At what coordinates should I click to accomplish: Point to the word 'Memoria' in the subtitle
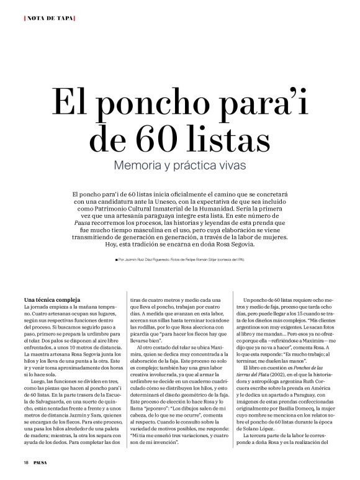[141, 166]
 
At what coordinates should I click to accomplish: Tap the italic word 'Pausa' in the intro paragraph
[85, 220]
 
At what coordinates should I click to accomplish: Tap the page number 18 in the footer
[25, 463]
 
